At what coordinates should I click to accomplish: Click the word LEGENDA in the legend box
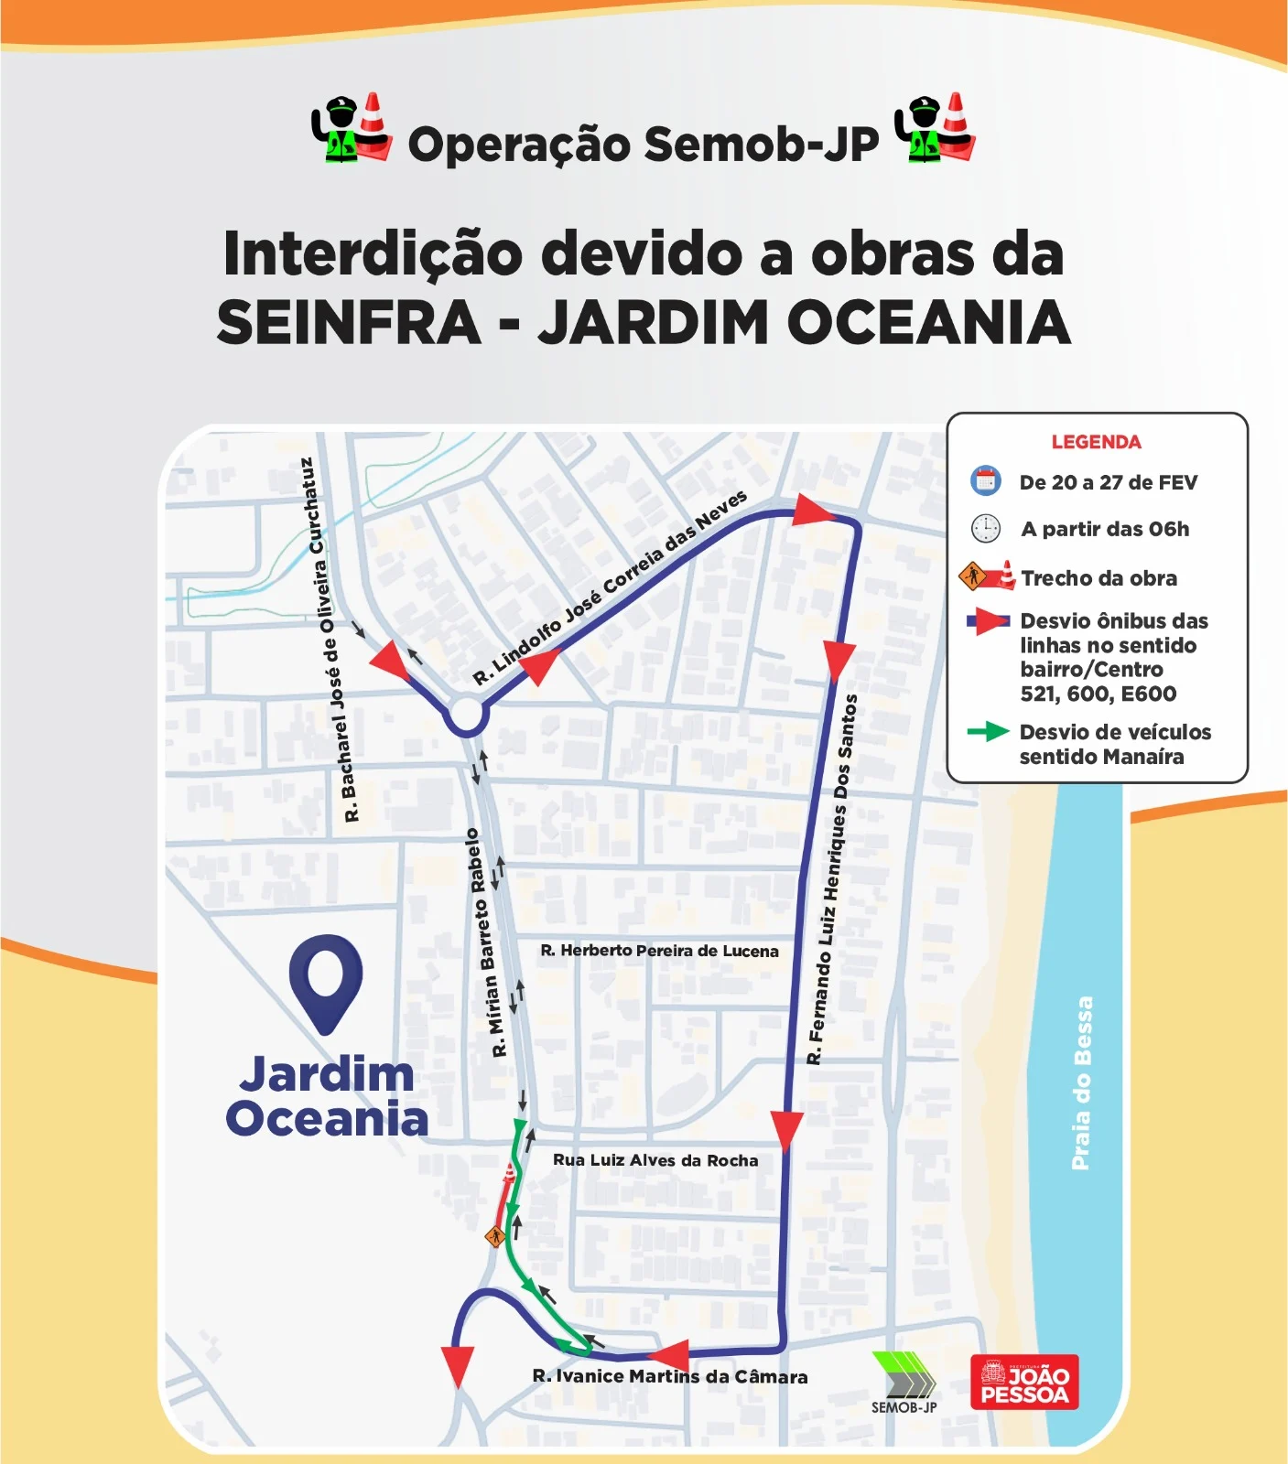(1096, 443)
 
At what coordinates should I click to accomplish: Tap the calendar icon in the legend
(985, 481)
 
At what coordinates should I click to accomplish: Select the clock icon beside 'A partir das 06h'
(985, 529)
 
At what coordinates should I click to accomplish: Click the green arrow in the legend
(988, 732)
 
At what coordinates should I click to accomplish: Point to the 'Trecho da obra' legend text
(1099, 578)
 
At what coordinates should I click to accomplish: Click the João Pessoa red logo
(1024, 1382)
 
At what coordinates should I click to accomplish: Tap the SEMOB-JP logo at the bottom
(904, 1382)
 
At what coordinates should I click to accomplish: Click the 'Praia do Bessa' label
(1082, 1082)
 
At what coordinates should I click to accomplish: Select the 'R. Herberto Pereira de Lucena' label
(659, 951)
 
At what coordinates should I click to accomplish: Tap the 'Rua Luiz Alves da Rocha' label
(655, 1160)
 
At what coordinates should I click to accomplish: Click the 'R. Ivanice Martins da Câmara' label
(670, 1377)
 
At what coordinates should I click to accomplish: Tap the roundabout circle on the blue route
(466, 716)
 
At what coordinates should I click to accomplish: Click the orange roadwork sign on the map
(495, 1237)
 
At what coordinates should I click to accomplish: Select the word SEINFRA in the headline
(349, 323)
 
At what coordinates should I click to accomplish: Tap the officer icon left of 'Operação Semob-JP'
(339, 131)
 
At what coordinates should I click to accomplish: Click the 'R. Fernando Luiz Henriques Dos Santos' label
(832, 879)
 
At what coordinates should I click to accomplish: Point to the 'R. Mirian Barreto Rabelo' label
(485, 943)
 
